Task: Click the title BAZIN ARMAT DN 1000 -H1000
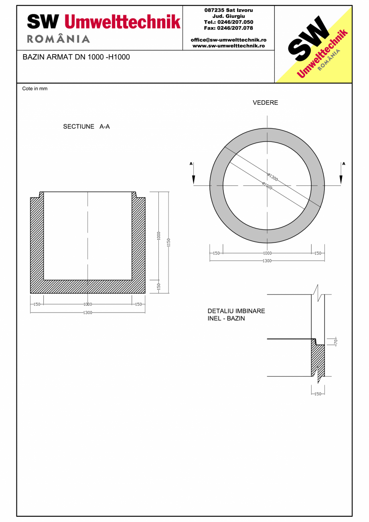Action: [76, 57]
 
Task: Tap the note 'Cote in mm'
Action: [35, 89]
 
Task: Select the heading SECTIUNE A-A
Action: [86, 127]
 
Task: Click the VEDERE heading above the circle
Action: [265, 103]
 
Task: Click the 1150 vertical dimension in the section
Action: [169, 242]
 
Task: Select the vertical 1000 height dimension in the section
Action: [159, 236]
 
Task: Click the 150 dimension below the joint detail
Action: [318, 394]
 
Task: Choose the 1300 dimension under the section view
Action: [87, 313]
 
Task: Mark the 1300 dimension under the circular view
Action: [267, 261]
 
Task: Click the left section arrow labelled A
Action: [193, 175]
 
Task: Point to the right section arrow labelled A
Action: [341, 175]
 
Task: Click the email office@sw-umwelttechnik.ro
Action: [229, 40]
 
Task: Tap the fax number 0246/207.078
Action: [229, 28]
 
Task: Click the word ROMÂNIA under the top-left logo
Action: [59, 39]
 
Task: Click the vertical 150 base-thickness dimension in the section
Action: [159, 286]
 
